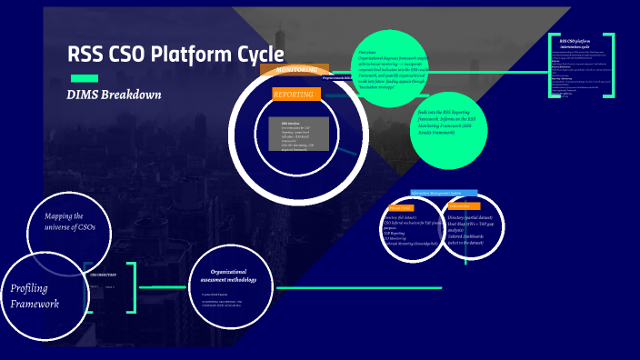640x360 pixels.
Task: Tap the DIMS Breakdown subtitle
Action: pyautogui.click(x=114, y=95)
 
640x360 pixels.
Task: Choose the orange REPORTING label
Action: pyautogui.click(x=296, y=94)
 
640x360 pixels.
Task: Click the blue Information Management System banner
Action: pyautogui.click(x=444, y=193)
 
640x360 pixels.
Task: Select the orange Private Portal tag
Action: pyautogui.click(x=401, y=207)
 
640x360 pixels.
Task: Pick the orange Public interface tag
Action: pyautogui.click(x=464, y=206)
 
